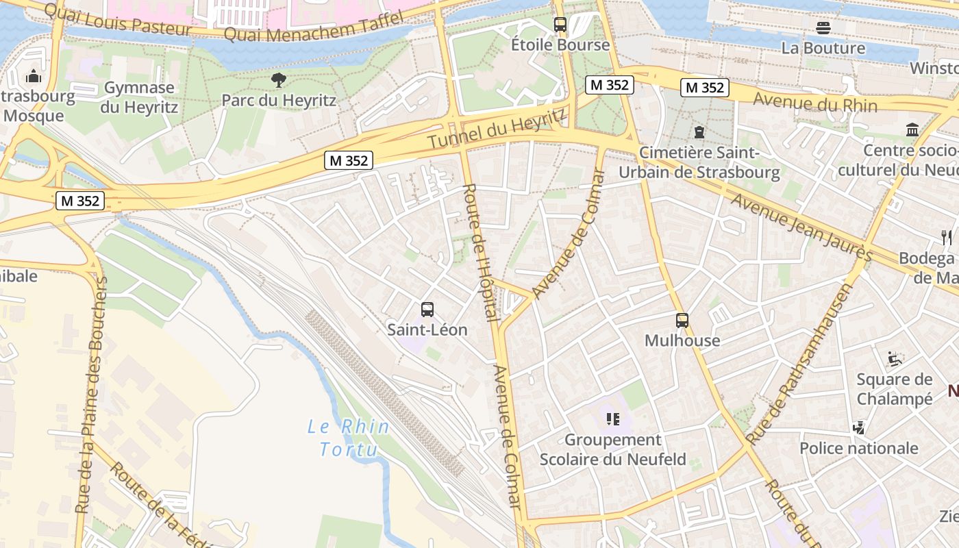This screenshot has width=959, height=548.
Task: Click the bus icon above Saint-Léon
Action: [x=427, y=310]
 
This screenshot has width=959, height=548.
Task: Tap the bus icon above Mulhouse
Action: [x=682, y=321]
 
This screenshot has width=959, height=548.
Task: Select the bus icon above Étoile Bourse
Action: [x=560, y=25]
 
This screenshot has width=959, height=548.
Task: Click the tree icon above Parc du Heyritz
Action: [x=278, y=80]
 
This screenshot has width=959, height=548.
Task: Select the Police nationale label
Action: [x=859, y=448]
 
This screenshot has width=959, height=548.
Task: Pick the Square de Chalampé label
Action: [x=895, y=389]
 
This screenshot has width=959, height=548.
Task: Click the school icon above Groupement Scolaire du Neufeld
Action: [x=612, y=419]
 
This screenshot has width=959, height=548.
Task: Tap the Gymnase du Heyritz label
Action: [x=139, y=97]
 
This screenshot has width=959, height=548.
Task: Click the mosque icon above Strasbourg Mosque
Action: [x=34, y=75]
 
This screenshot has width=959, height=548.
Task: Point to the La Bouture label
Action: [x=823, y=48]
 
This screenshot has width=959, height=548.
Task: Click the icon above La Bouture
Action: [x=823, y=28]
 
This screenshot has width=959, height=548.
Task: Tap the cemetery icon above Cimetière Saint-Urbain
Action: [x=699, y=132]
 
